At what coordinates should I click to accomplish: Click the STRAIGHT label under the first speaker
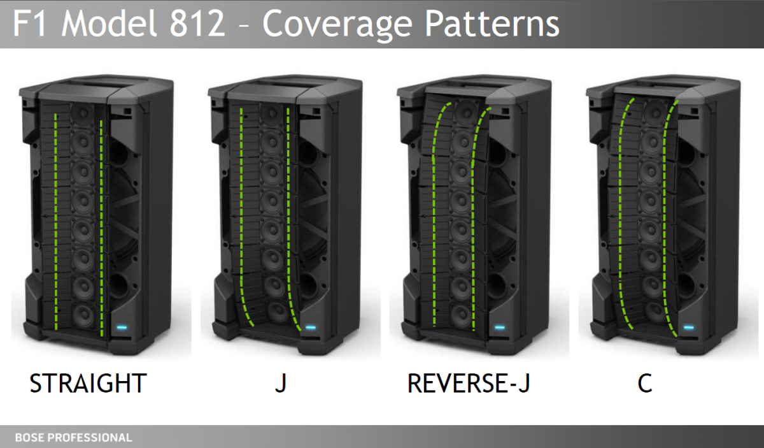88,383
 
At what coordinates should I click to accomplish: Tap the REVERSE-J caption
469,383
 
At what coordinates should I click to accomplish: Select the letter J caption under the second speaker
281,383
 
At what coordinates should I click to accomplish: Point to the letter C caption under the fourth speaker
644,383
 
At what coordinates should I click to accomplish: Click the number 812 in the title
197,23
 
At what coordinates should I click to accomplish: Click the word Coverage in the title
337,25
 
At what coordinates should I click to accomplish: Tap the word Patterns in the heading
492,23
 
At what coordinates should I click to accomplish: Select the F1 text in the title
29,23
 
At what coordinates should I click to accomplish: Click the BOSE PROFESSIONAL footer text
73,437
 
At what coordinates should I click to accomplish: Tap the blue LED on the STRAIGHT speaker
122,328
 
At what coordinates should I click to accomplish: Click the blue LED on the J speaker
311,328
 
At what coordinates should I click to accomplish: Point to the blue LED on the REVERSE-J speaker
500,328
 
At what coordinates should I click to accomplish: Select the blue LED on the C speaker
689,328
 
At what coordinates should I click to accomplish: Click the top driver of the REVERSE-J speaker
466,110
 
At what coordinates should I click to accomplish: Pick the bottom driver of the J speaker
278,312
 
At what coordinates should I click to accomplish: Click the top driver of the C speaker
654,110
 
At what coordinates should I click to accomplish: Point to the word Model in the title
109,23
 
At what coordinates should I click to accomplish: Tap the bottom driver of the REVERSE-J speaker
461,315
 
